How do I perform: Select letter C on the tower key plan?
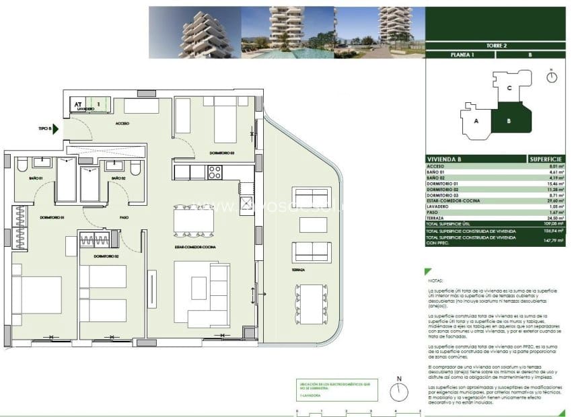509,88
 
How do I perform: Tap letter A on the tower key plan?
476,122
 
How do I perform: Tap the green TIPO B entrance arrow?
57,128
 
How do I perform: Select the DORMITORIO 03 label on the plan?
221,153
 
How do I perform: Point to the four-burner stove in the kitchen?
215,172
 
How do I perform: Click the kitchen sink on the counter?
246,203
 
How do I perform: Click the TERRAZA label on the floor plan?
299,269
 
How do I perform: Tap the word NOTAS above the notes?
437,281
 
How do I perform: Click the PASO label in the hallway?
124,217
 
